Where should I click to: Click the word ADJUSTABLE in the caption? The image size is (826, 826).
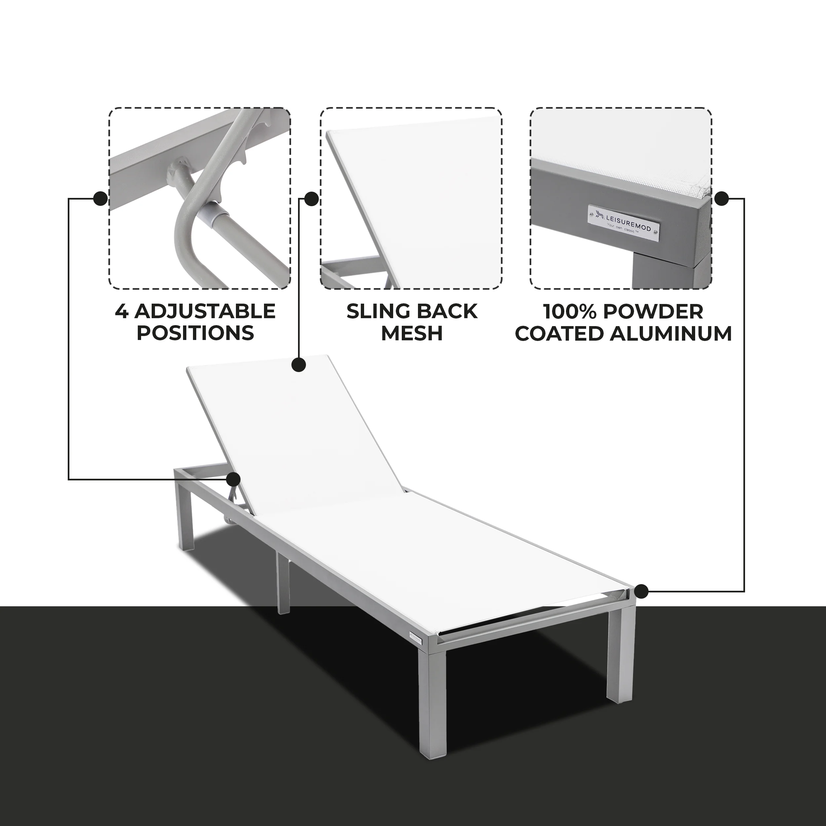click(x=205, y=311)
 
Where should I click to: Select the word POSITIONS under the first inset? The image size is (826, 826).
click(x=195, y=333)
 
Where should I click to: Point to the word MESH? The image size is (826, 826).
click(x=412, y=333)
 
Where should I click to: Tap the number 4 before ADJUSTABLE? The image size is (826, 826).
click(x=121, y=311)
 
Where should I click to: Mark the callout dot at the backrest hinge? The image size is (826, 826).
click(x=234, y=480)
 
